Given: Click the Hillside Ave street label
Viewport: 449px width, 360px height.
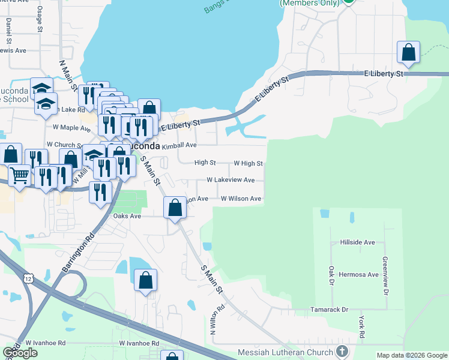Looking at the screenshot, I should click(x=357, y=242).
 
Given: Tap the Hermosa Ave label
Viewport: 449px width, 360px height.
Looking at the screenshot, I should click(x=357, y=274).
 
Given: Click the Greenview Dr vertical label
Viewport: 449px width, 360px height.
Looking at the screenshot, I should click(x=385, y=277).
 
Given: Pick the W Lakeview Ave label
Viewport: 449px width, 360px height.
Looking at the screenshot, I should click(x=231, y=180).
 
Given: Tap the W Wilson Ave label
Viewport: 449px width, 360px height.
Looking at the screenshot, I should click(x=241, y=199).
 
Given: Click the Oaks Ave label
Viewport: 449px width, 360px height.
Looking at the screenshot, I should click(x=127, y=216).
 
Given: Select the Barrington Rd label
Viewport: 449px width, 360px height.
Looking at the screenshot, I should click(x=78, y=253).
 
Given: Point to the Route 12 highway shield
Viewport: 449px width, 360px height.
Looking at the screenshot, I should click(x=28, y=278).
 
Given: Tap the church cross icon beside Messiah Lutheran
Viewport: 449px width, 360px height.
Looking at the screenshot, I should click(x=342, y=351).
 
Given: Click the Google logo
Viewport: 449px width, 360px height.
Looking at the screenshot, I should click(x=20, y=353).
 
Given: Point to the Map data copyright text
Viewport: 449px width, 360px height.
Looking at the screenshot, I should click(x=411, y=355).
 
